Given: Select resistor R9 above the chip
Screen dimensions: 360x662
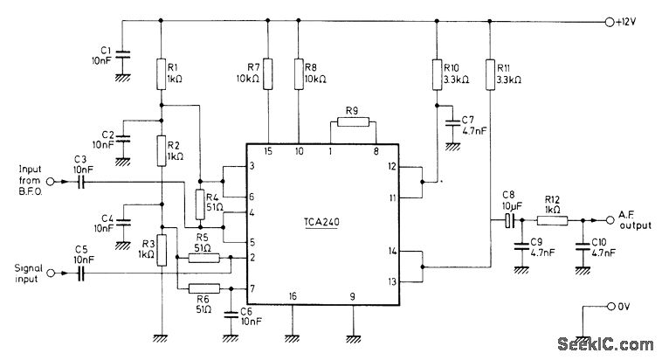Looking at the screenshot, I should pyautogui.click(x=353, y=123).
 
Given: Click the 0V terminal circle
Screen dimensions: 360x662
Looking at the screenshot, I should pyautogui.click(x=609, y=308).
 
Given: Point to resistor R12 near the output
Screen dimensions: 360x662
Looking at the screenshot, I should pyautogui.click(x=554, y=221).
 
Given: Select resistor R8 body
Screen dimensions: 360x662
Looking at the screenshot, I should pyautogui.click(x=299, y=73).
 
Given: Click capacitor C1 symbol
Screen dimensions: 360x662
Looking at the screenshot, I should pyautogui.click(x=123, y=55).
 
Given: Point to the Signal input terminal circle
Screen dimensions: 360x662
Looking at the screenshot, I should pyautogui.click(x=50, y=273).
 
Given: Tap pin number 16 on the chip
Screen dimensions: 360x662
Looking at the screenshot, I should pyautogui.click(x=293, y=297).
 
